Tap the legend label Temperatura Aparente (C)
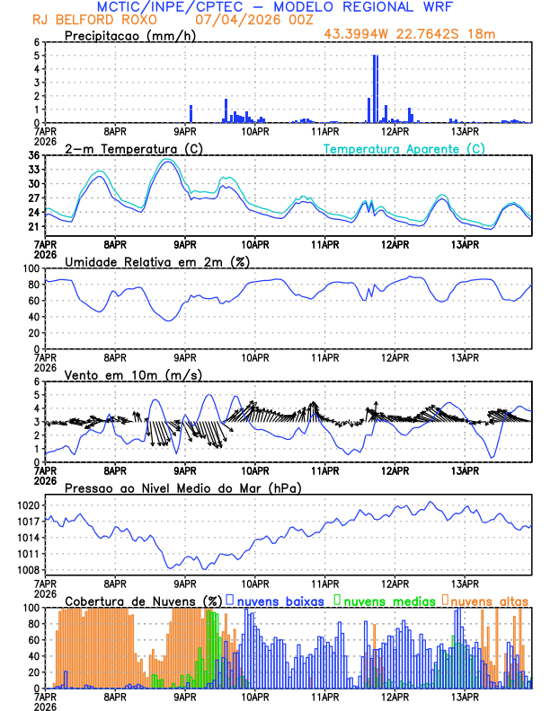404,148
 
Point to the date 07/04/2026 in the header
233,19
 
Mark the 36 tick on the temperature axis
33,156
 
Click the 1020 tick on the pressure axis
28,505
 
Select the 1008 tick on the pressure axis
28,570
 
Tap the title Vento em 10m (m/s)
133,374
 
